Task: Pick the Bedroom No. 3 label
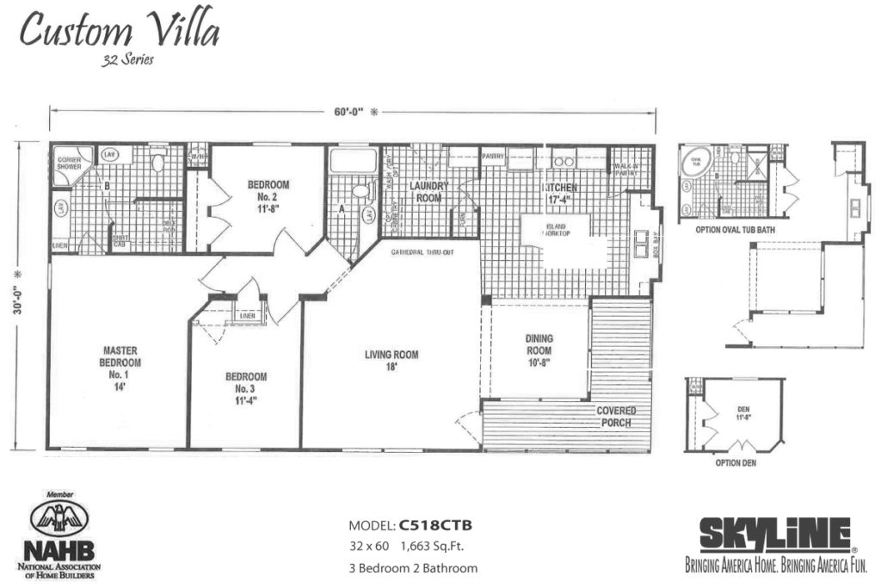[246, 388]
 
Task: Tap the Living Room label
[391, 361]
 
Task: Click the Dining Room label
[539, 350]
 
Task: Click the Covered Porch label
[615, 417]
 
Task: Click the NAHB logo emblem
[59, 519]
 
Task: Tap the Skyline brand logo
[775, 535]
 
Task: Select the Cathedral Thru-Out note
[422, 252]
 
